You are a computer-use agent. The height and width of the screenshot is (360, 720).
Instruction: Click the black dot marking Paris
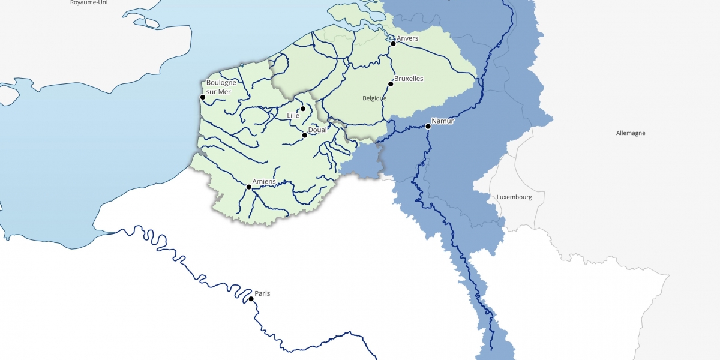[251, 299]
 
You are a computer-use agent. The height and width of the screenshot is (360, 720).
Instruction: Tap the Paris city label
[262, 293]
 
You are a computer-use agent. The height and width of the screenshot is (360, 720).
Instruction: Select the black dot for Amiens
[249, 187]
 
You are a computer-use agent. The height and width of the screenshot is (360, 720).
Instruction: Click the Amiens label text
[264, 181]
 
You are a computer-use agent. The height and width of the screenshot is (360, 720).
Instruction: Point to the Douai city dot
[305, 135]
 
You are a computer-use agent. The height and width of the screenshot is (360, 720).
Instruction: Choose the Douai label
[317, 130]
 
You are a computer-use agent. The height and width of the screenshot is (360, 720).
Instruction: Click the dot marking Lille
[303, 109]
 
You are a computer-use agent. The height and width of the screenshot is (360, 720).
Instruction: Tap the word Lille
[293, 115]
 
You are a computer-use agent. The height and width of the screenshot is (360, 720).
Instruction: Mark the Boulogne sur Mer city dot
[203, 97]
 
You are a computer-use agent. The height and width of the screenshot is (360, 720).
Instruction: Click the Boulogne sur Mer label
[218, 87]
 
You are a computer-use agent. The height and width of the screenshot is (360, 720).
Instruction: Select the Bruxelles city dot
[391, 83]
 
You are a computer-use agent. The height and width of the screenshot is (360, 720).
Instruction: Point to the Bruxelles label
[409, 79]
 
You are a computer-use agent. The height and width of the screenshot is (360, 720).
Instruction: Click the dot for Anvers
[393, 44]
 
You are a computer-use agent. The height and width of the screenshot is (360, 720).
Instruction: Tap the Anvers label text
[407, 39]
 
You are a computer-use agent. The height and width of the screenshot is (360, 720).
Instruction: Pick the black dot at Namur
[428, 126]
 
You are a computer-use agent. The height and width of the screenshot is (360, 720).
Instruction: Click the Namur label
[443, 121]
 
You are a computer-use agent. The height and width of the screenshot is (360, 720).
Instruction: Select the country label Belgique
[374, 98]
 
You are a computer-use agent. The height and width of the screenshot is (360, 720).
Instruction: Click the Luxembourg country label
[514, 197]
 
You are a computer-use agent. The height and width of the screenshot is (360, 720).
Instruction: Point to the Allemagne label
[631, 133]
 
